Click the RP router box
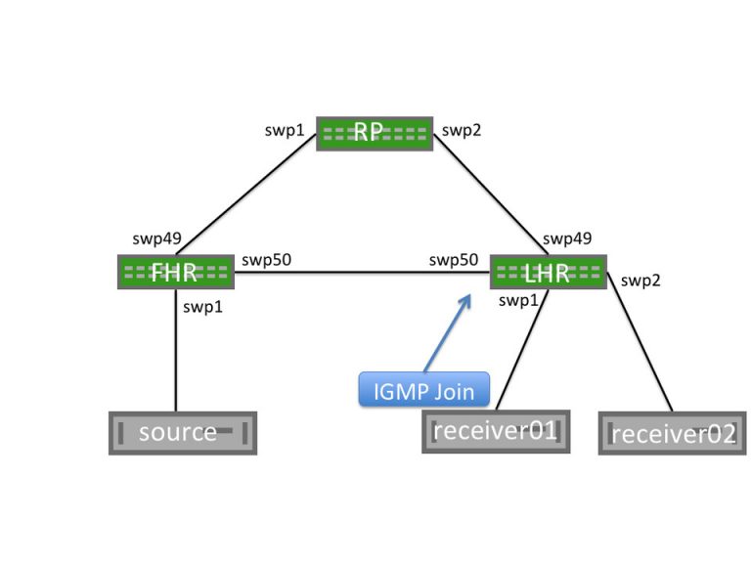(375, 134)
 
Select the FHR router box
(176, 273)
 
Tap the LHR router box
(548, 273)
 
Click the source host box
(182, 432)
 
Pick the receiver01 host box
(496, 431)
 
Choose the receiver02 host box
(672, 433)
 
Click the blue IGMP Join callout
(423, 391)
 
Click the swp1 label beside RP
(285, 129)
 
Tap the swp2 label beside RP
(463, 129)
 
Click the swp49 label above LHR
(567, 238)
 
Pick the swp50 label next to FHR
(266, 260)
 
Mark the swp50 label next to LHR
(454, 260)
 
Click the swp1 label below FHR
(203, 307)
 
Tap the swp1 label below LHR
(518, 300)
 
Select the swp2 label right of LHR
(641, 281)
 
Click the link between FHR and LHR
(362, 274)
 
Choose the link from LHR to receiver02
(641, 342)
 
